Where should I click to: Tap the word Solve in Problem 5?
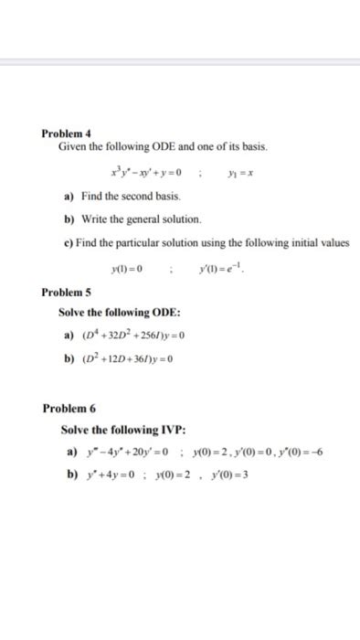(75, 314)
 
